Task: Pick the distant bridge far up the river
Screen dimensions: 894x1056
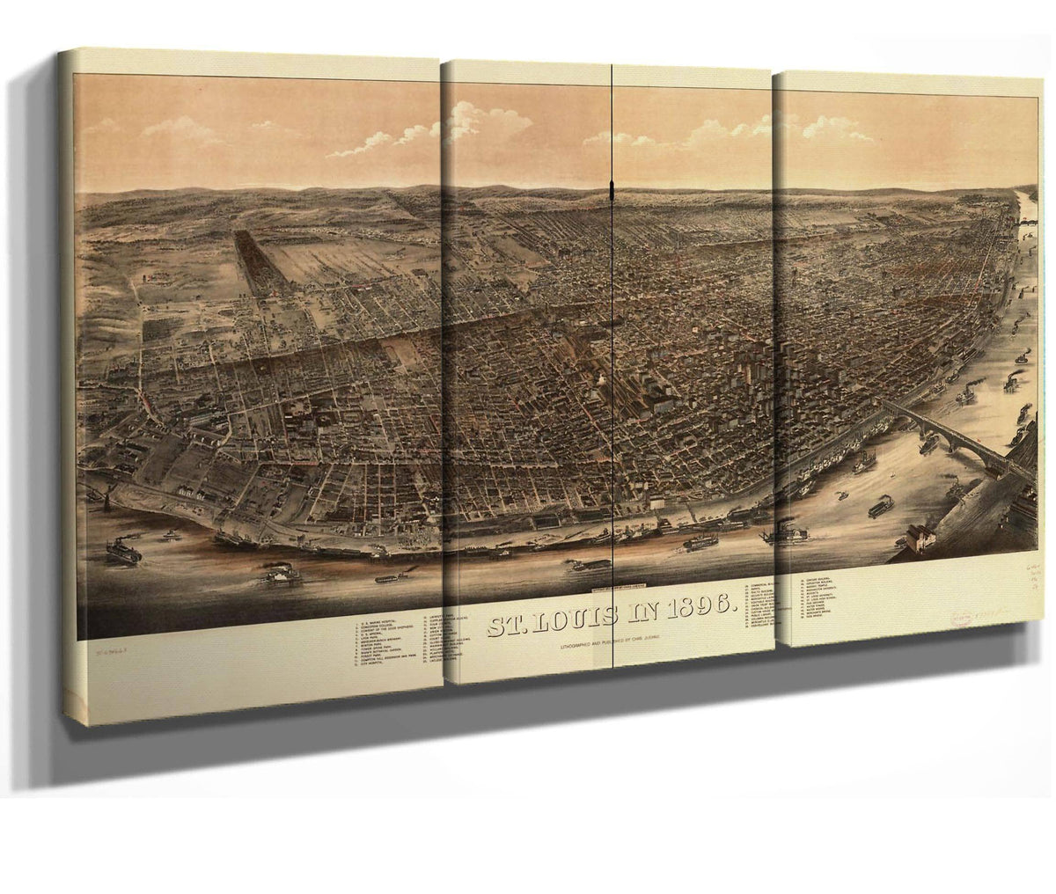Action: (1029, 223)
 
